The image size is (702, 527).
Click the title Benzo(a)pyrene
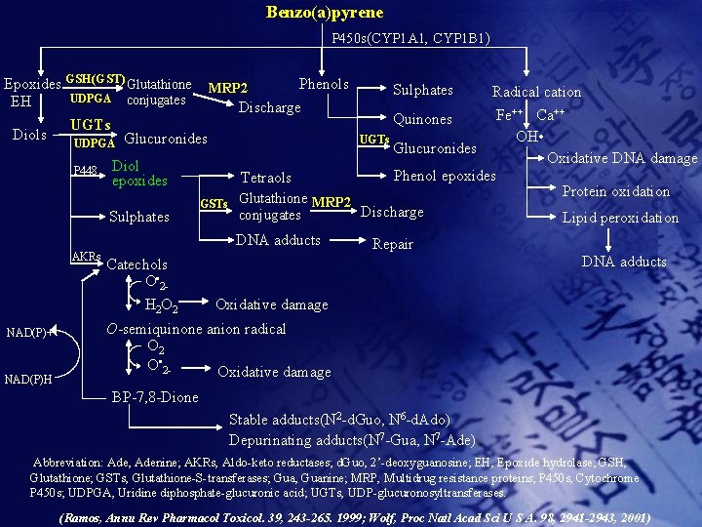tap(325, 13)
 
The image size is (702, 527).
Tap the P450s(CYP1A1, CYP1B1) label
tap(410, 39)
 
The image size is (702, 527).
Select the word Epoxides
tap(32, 85)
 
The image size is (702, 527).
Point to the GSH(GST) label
tap(95, 79)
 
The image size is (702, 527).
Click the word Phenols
tap(324, 84)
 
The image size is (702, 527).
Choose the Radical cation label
tap(536, 92)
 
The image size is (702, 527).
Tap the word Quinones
tap(422, 119)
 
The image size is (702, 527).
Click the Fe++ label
tap(511, 114)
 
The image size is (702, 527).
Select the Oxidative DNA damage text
tap(622, 158)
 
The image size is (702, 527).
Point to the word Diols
tap(28, 135)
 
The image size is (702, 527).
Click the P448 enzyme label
tap(87, 171)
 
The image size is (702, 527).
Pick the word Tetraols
tap(266, 178)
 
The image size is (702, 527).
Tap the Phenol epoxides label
tap(444, 177)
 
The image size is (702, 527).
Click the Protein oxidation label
tap(616, 191)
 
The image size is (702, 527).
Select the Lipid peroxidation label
tap(620, 218)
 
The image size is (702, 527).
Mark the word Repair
tap(393, 244)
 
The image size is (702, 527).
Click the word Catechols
tap(136, 264)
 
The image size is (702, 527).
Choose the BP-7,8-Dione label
tap(155, 397)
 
